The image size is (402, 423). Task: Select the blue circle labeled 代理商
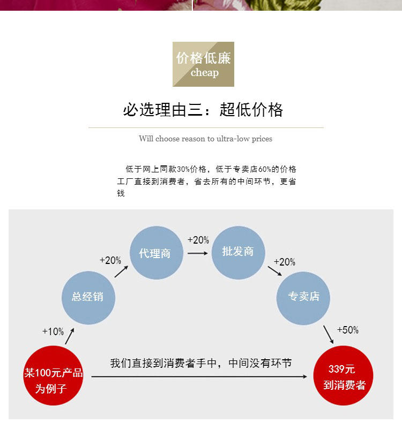[x=156, y=253]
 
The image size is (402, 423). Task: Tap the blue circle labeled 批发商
[x=238, y=252]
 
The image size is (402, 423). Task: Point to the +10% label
[x=53, y=331]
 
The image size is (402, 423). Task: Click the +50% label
[x=347, y=330]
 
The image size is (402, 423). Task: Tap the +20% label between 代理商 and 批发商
[x=198, y=240]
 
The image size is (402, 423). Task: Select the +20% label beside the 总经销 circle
[x=110, y=261]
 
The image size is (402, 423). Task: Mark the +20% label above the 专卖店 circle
[x=285, y=262]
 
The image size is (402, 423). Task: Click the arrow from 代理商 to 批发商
[x=197, y=253]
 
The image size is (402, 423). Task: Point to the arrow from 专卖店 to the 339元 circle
[x=328, y=334]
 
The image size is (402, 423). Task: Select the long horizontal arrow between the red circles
[x=202, y=377]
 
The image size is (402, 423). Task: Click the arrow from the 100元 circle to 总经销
[x=69, y=336]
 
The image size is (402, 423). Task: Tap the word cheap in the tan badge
[x=204, y=73]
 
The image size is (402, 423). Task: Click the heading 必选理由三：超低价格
[x=203, y=110]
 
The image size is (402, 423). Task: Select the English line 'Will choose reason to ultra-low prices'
[x=205, y=139]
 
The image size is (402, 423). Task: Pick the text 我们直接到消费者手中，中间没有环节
[x=201, y=363]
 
